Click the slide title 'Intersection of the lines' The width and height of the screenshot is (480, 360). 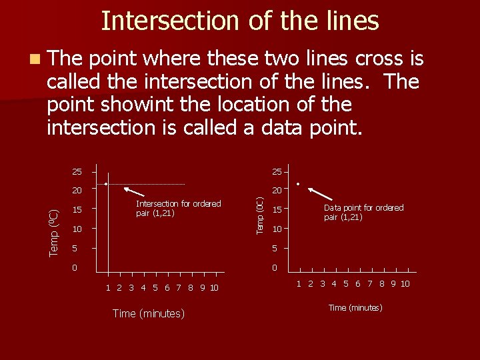pos(240,21)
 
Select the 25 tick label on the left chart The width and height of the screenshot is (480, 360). pos(77,172)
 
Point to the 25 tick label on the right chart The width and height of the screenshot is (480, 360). pos(276,172)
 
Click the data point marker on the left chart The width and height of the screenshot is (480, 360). pos(105,183)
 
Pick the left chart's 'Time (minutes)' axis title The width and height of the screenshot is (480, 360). pos(149,313)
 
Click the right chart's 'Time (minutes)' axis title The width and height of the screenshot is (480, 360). pos(355,307)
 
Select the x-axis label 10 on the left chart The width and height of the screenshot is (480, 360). pos(213,288)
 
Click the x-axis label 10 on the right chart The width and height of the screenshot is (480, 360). pos(405,283)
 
